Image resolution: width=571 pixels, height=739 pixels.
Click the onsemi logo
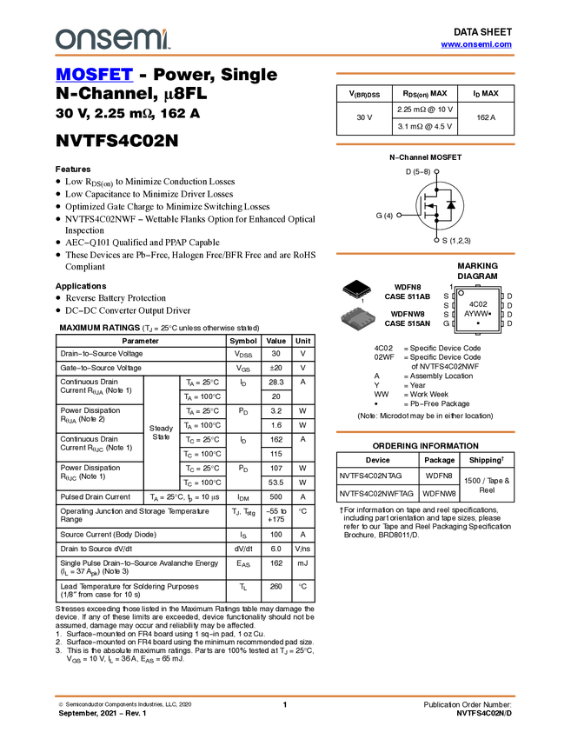(112, 39)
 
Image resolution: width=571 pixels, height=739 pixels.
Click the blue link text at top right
(476, 44)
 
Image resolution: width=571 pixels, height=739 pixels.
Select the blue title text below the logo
(94, 76)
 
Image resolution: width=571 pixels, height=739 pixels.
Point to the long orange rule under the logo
(285, 56)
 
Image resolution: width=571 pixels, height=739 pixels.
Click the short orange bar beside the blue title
(425, 74)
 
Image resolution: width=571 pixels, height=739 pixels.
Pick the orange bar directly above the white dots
(425, 144)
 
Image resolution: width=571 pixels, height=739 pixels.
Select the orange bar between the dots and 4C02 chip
(425, 254)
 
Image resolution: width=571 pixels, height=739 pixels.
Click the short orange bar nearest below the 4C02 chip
(425, 431)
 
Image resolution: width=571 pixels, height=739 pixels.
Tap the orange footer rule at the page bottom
(285, 696)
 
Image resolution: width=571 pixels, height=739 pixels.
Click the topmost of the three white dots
(436, 171)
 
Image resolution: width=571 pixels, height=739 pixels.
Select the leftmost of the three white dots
(399, 215)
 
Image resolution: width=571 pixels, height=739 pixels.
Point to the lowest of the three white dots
(436, 240)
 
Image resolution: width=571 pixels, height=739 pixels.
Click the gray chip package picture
(358, 318)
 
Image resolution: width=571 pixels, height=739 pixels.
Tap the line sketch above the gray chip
(356, 292)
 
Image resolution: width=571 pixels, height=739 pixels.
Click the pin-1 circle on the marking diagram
(461, 293)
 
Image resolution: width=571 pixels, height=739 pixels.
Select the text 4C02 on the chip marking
(477, 304)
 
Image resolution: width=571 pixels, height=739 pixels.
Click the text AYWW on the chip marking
(475, 314)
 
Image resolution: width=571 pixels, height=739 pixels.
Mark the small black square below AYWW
(478, 323)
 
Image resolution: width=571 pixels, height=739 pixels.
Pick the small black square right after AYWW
(491, 314)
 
